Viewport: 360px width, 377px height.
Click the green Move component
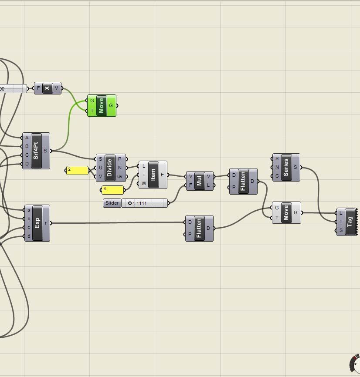pyautogui.click(x=101, y=106)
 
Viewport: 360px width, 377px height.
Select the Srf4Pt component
pyautogui.click(x=36, y=151)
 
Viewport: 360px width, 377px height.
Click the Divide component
pyautogui.click(x=109, y=168)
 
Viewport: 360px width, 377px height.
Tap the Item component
pyautogui.click(x=153, y=175)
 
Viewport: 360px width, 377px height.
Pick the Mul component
pyautogui.click(x=200, y=181)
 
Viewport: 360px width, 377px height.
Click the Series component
pyautogui.click(x=286, y=167)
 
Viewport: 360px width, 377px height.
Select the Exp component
pyautogui.click(x=37, y=223)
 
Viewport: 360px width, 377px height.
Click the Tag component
pyautogui.click(x=350, y=222)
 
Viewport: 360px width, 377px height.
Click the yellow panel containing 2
pyautogui.click(x=78, y=170)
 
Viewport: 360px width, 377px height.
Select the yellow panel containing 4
pyautogui.click(x=112, y=190)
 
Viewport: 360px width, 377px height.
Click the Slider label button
pyautogui.click(x=112, y=203)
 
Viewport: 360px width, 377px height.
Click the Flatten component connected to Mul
pyautogui.click(x=243, y=181)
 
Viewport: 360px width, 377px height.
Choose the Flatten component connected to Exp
pyautogui.click(x=199, y=228)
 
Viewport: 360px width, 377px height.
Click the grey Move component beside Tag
pyautogui.click(x=286, y=213)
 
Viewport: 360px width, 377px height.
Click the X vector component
pyautogui.click(x=48, y=88)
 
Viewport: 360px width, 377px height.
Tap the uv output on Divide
pyautogui.click(x=119, y=176)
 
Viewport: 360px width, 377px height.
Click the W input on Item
pyautogui.click(x=144, y=183)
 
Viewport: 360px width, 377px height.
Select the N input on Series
pyautogui.click(x=277, y=167)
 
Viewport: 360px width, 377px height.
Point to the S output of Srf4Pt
pyautogui.click(x=45, y=151)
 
